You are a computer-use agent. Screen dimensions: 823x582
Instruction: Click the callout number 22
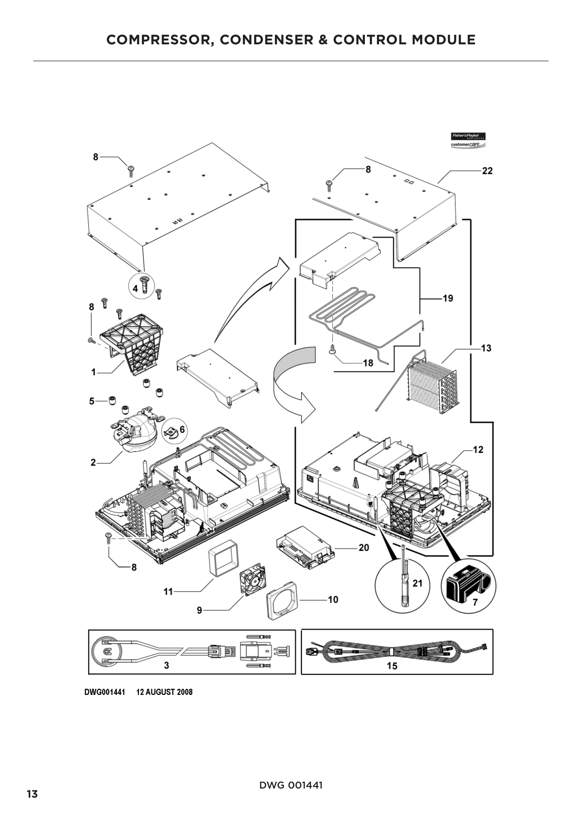[487, 171]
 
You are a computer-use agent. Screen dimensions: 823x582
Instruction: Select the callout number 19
[448, 298]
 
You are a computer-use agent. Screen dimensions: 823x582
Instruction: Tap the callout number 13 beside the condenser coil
[486, 348]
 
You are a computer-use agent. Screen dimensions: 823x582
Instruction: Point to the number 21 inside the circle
[417, 583]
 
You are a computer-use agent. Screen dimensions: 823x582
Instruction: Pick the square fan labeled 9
[253, 580]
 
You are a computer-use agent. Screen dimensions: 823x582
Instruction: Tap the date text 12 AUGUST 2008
[164, 692]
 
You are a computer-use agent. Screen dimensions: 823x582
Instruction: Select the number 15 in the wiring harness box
[392, 666]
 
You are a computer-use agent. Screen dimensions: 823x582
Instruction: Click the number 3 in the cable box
[166, 665]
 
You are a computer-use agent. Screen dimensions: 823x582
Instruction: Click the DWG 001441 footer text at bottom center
[291, 785]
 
